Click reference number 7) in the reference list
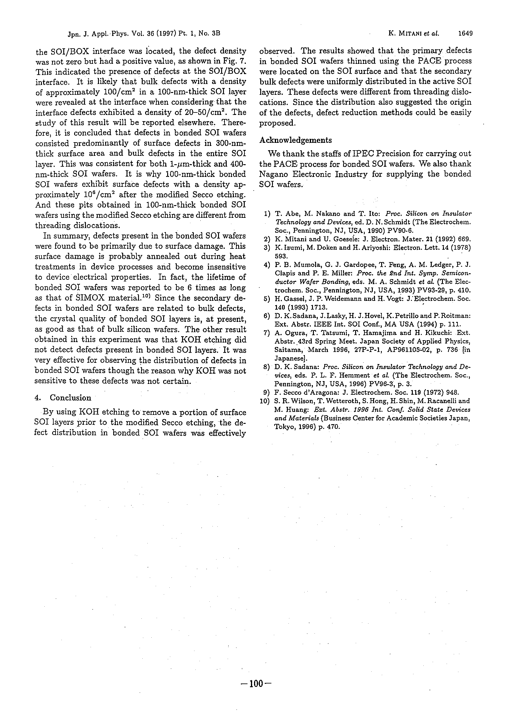coord(266,332)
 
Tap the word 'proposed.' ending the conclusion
coord(277,123)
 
